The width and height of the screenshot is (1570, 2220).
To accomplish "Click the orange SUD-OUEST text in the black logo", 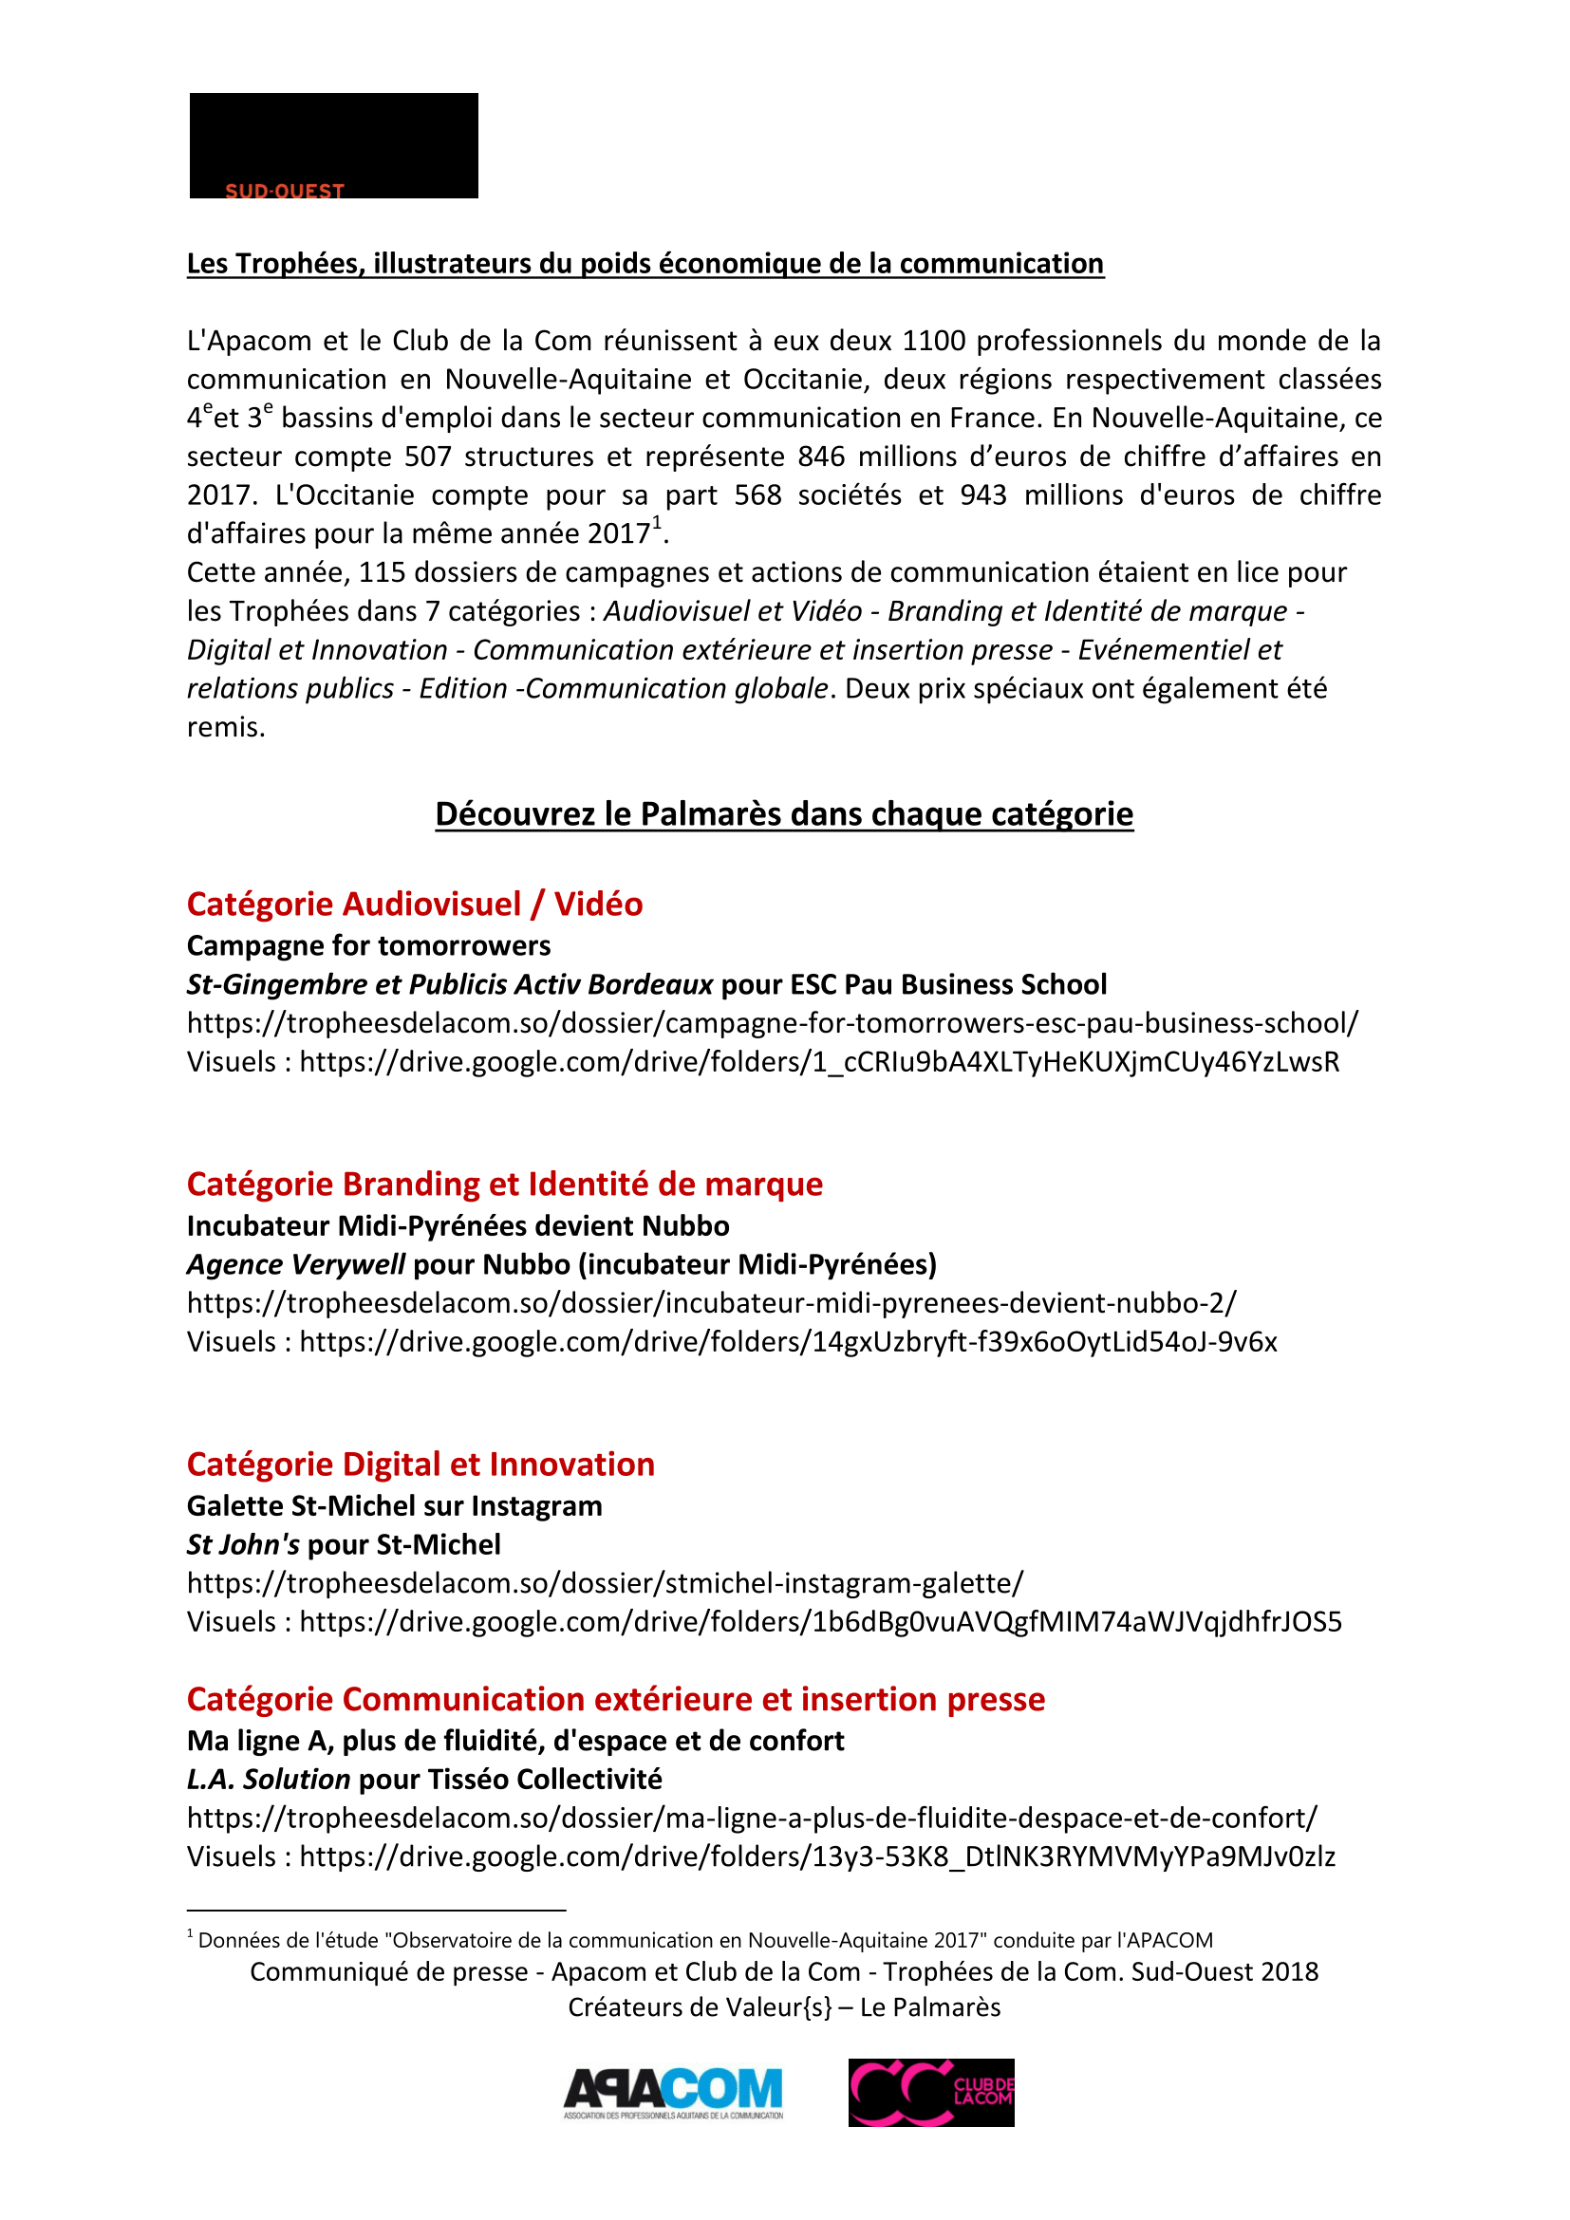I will point(284,191).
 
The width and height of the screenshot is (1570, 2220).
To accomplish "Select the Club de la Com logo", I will point(931,2092).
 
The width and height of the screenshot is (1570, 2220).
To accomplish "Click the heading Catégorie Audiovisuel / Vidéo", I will point(415,905).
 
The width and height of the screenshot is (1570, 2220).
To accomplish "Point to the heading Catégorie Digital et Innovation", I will point(421,1464).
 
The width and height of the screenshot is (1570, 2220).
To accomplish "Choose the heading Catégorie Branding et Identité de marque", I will point(505,1184).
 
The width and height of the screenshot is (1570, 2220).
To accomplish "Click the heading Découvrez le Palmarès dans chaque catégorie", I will point(784,813).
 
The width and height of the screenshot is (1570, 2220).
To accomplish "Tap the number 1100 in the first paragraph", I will point(934,341).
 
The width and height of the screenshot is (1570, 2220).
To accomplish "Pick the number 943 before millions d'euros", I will point(983,495).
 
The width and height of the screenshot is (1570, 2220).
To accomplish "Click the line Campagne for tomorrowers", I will point(368,945).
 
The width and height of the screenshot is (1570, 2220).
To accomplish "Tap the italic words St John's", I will point(243,1544).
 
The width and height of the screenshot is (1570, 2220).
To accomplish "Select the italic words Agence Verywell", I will point(296,1263).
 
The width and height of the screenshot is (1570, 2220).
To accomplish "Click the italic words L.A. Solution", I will point(268,1779).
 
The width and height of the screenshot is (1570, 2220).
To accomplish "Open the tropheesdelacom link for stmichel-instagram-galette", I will point(606,1583).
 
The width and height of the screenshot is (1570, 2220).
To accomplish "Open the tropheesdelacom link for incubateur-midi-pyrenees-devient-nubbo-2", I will point(712,1302).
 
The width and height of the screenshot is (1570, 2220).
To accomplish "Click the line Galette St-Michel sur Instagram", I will point(395,1505).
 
